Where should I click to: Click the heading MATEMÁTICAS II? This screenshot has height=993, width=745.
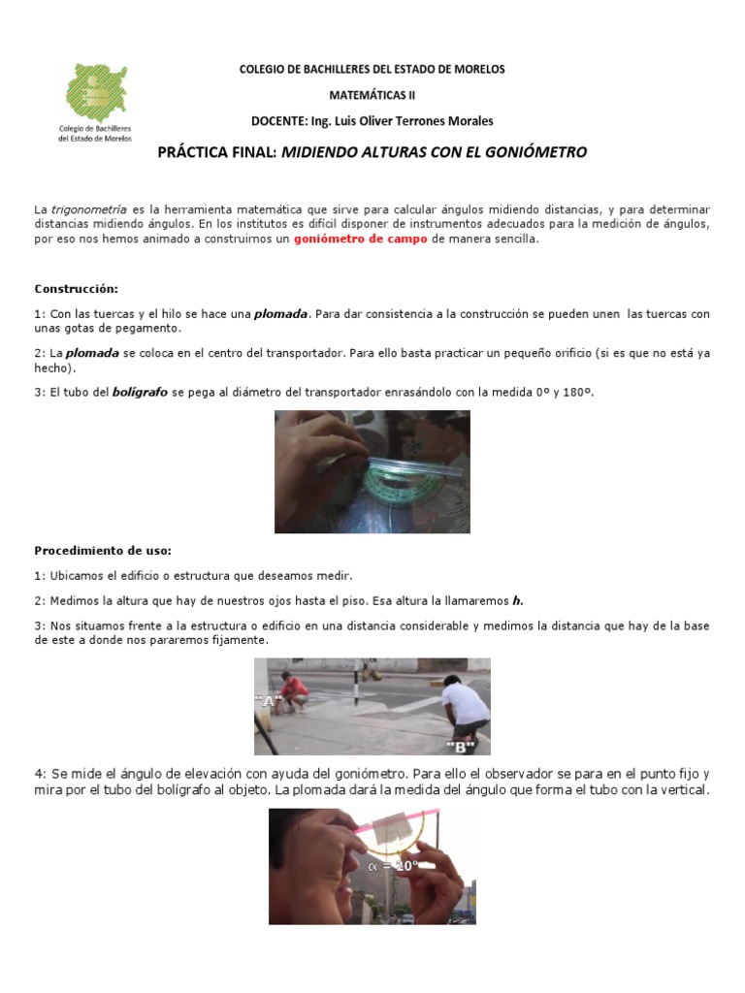(372, 96)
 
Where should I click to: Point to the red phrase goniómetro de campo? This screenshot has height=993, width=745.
(360, 239)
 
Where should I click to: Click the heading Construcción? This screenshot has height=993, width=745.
(77, 289)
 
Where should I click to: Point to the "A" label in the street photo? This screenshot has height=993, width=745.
(268, 699)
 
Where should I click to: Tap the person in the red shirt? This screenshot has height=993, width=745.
(293, 691)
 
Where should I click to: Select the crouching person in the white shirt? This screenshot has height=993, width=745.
(466, 709)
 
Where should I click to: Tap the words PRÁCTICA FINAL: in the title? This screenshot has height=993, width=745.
(217, 153)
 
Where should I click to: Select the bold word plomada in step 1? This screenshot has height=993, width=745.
(281, 314)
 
